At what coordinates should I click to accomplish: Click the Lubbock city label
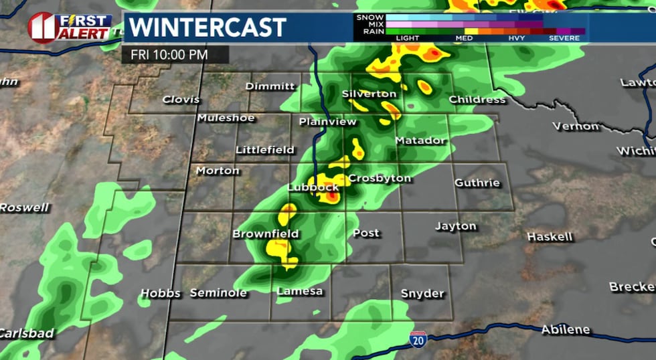point(313,187)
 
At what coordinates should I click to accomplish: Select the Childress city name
point(477,99)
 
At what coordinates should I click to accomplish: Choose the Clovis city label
point(181,99)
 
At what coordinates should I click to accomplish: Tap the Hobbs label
point(161,294)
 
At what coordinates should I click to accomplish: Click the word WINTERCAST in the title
point(208,27)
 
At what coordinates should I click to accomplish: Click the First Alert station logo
point(70,27)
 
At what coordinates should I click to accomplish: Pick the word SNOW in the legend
point(371,16)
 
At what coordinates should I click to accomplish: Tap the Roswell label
point(25,207)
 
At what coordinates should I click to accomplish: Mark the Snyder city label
point(422,293)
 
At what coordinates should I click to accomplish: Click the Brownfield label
point(265,234)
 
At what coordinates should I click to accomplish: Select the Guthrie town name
point(477,183)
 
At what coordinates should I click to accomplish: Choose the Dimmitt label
point(270,86)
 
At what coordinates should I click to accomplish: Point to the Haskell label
point(550,237)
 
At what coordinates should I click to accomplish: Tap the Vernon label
point(576,126)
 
